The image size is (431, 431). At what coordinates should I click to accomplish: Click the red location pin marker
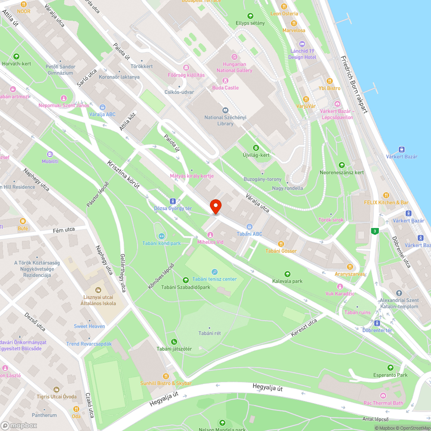pos(215,207)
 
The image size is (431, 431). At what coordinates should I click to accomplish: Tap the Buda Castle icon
pos(225,81)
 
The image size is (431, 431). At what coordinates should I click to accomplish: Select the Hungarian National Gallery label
pos(234,67)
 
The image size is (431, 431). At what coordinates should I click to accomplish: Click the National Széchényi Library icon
pos(225,110)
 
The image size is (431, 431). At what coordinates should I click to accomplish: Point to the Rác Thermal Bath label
pos(383,403)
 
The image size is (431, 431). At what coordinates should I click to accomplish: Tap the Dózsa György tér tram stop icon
pos(173,201)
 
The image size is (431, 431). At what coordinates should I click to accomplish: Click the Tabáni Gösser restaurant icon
pos(281,244)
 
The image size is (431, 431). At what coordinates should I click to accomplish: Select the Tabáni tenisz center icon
pos(215,272)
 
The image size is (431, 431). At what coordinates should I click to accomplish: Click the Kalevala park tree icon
pos(287,274)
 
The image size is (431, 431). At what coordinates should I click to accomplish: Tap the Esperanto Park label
pos(390,375)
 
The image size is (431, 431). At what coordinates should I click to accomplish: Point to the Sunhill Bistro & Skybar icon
pos(166,376)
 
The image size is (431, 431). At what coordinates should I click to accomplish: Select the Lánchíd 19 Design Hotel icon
pos(302,44)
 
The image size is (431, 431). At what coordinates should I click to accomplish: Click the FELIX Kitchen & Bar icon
pos(386,195)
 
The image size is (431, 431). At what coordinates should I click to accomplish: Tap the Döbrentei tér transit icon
pos(377,323)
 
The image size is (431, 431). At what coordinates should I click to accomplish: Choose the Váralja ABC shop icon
pos(102,107)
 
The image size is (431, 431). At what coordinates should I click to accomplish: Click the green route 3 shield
pos(375,231)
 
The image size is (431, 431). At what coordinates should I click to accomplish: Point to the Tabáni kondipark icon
pos(162,236)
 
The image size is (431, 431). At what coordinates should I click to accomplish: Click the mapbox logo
pos(19,425)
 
